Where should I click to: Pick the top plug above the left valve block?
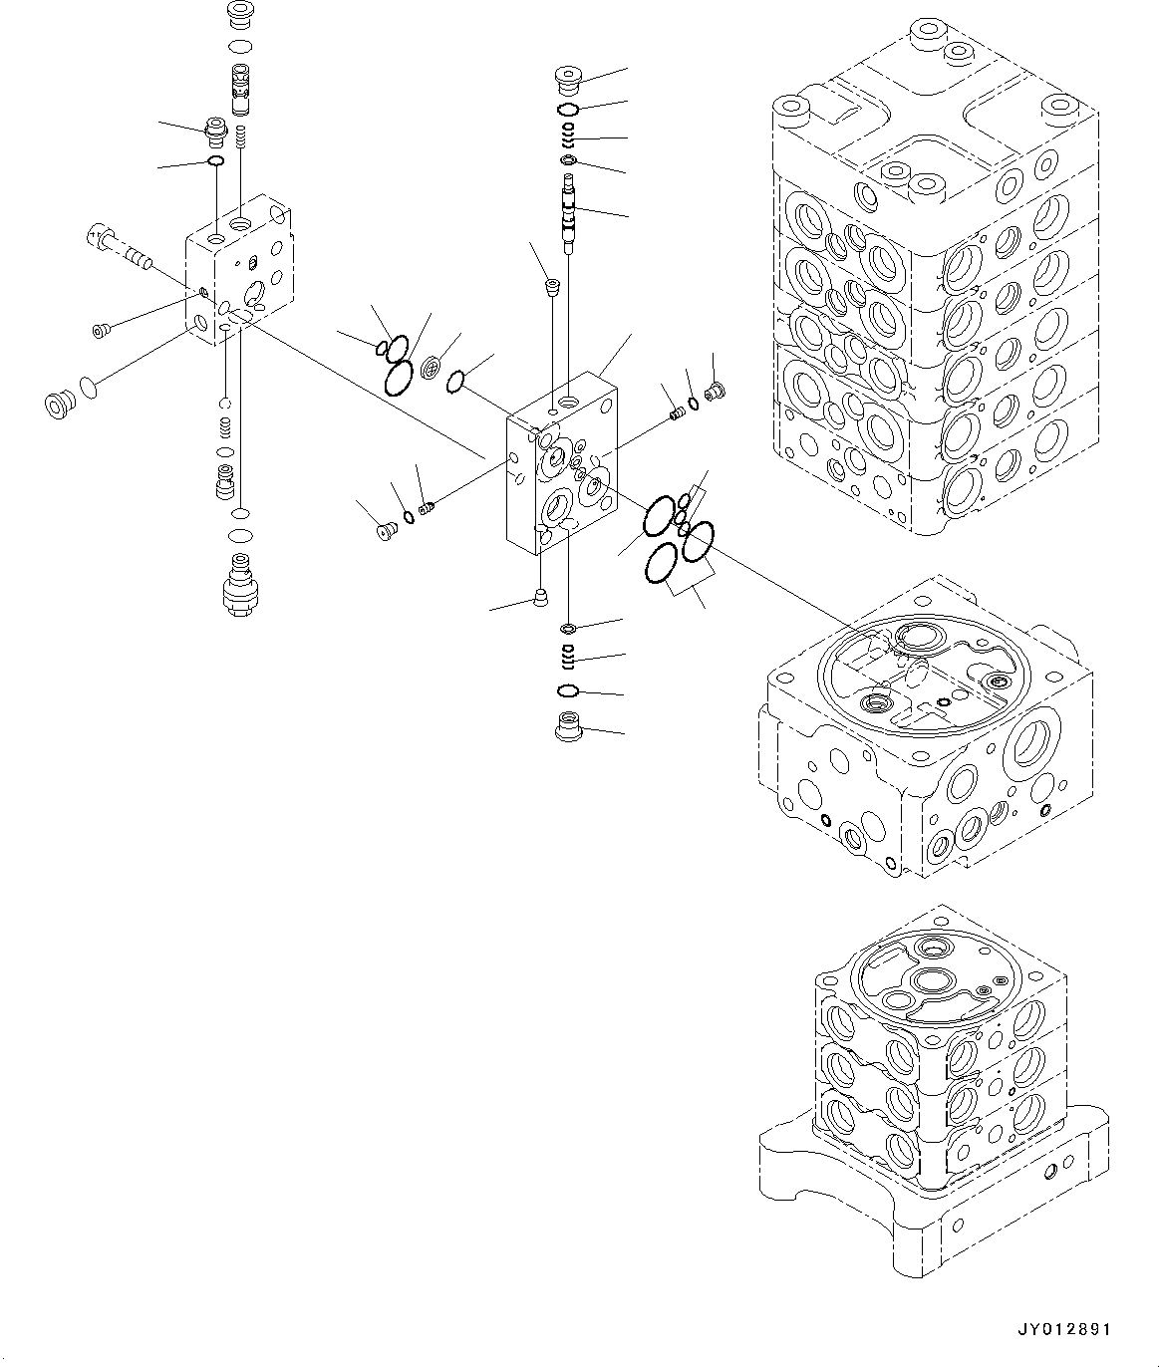pyautogui.click(x=240, y=17)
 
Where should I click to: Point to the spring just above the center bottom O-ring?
pyautogui.click(x=568, y=657)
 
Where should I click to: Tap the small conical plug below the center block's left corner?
pyautogui.click(x=539, y=598)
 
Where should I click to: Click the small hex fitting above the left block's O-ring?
pyautogui.click(x=214, y=130)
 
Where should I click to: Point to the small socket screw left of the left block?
pyautogui.click(x=101, y=330)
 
